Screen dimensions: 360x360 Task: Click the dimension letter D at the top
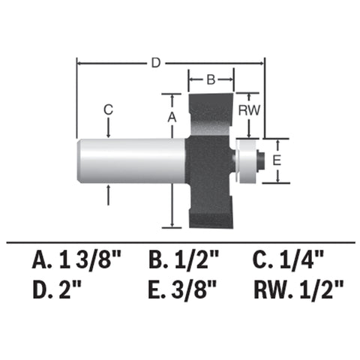click(x=155, y=63)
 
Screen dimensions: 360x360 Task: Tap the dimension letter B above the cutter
click(x=211, y=79)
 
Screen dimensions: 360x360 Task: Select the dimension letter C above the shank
click(x=108, y=109)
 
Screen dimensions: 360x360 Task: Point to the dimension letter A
click(x=172, y=117)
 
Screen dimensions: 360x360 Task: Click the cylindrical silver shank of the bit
click(x=131, y=160)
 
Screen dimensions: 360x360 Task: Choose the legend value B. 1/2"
click(x=184, y=261)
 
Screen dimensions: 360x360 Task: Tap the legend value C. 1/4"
click(x=289, y=261)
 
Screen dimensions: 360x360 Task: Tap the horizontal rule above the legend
click(x=180, y=242)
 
